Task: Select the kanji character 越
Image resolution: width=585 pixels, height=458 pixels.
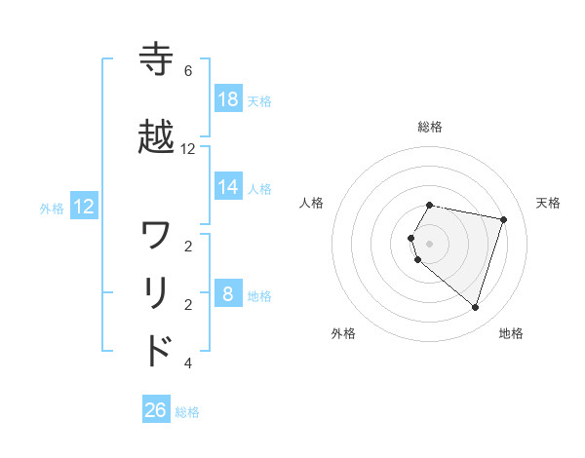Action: pos(157,138)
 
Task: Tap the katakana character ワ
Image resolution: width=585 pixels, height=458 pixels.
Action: pos(157,235)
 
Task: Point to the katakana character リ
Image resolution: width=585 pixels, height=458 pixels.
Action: pos(157,293)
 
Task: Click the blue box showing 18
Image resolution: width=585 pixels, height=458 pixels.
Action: pos(228,99)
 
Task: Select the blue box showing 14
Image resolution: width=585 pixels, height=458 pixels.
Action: pos(228,187)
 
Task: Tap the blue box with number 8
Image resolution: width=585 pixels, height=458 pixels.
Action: pos(228,294)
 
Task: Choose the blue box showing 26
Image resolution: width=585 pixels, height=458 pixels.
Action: pos(156,410)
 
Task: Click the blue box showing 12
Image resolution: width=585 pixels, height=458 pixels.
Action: pos(84,207)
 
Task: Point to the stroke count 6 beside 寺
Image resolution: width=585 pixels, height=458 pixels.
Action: pos(188,71)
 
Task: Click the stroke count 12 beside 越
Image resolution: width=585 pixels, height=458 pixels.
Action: pos(188,149)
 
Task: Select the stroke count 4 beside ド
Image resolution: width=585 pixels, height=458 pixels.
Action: pos(188,363)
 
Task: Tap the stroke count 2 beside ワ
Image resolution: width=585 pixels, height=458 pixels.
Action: pos(188,247)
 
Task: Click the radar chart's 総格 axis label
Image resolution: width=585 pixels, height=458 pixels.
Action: pos(430,127)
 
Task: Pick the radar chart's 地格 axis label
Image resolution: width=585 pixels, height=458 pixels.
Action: pos(511,333)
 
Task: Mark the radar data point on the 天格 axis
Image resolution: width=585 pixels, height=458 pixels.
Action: pos(503,220)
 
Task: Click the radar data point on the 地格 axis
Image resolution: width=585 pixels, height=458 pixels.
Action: pos(475,307)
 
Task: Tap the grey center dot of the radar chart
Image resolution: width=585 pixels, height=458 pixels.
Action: pos(430,243)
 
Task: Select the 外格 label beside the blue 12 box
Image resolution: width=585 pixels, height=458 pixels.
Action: pos(52,208)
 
